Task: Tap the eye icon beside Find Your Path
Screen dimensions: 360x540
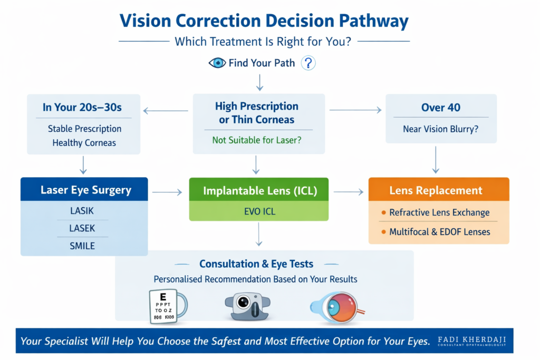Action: (x=217, y=63)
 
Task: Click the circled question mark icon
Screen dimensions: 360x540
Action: (x=308, y=63)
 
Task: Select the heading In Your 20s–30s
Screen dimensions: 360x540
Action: (x=82, y=108)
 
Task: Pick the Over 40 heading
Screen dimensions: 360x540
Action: (x=440, y=108)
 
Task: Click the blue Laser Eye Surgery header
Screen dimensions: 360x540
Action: (x=85, y=190)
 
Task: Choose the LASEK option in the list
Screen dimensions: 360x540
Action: (x=82, y=229)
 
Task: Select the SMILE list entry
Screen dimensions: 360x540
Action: (x=82, y=246)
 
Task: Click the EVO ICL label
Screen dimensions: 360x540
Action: (x=258, y=213)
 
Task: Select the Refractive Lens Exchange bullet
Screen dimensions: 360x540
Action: (x=439, y=213)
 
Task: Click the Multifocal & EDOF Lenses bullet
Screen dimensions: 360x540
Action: (x=439, y=231)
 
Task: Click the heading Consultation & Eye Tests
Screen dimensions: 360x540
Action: (x=256, y=264)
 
